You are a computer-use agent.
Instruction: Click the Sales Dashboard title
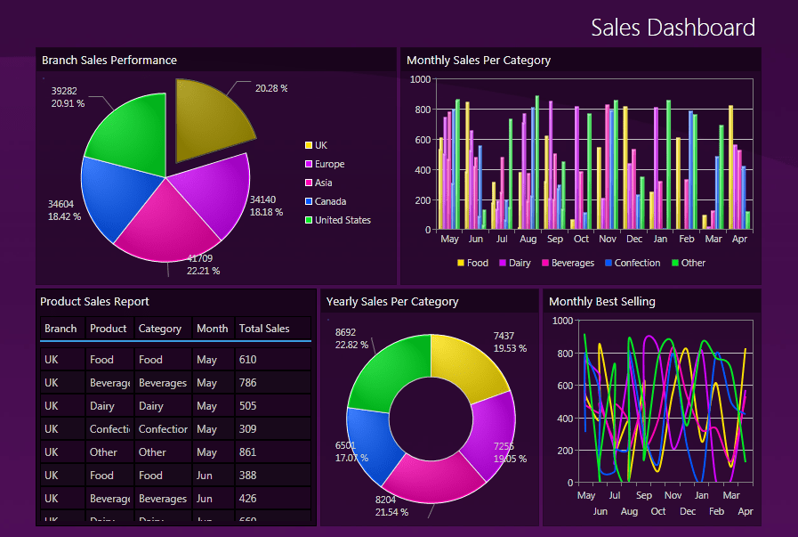[673, 28]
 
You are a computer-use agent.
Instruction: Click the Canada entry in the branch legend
[330, 201]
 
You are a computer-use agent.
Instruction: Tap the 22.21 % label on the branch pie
[203, 271]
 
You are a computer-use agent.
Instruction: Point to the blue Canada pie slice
[111, 198]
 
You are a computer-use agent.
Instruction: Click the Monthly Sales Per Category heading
[478, 61]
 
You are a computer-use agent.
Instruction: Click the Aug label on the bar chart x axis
[528, 240]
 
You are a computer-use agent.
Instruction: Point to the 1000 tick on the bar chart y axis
[420, 79]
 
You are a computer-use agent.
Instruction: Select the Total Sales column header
[264, 329]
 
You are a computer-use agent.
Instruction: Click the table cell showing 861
[248, 452]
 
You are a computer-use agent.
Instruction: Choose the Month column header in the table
[212, 329]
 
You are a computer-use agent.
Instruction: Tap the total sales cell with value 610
[248, 360]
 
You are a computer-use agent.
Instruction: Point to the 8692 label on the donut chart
[345, 333]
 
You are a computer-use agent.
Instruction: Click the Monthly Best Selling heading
[601, 301]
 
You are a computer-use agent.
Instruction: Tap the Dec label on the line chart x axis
[687, 511]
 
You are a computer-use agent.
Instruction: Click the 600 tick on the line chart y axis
[562, 386]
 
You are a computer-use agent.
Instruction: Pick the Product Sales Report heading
[94, 301]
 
